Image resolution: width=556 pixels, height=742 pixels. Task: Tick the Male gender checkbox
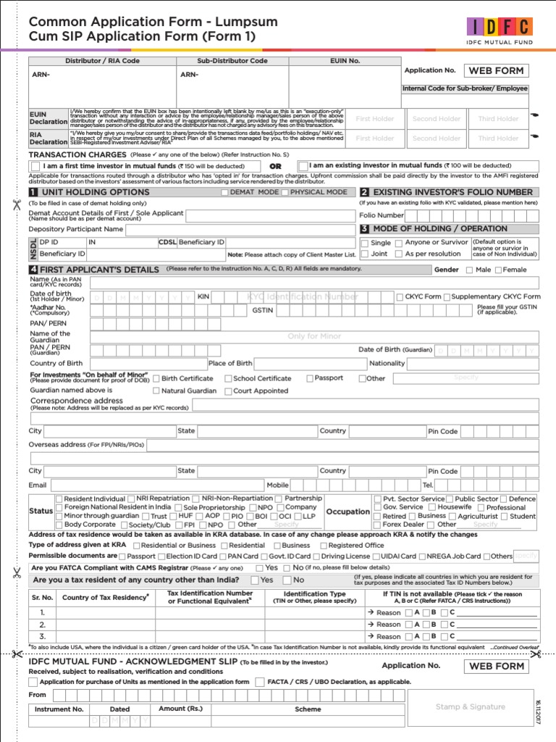(x=470, y=270)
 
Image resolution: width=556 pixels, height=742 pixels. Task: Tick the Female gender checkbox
(x=497, y=270)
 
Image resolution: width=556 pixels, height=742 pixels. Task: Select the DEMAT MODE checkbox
(x=225, y=193)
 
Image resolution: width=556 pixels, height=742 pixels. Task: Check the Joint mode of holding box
(x=364, y=254)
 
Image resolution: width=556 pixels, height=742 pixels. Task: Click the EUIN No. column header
(x=345, y=62)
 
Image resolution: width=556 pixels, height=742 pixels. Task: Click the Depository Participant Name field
(x=239, y=229)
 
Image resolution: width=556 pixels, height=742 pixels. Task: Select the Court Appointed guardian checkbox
(x=228, y=391)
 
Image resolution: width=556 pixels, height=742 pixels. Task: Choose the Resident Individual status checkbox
(x=59, y=499)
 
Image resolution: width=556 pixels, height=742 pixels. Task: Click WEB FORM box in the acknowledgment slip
(x=496, y=666)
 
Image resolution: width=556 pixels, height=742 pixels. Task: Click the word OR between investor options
(x=275, y=166)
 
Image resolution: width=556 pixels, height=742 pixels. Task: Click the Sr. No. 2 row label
(x=42, y=625)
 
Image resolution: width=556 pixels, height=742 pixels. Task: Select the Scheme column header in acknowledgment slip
(x=308, y=709)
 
